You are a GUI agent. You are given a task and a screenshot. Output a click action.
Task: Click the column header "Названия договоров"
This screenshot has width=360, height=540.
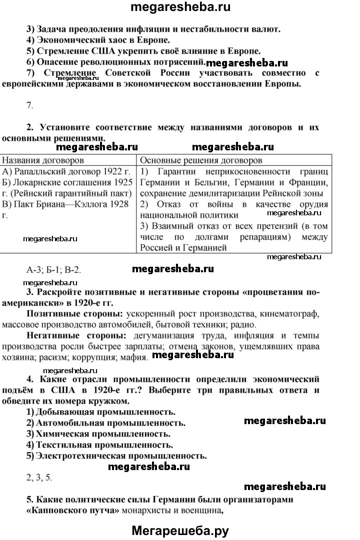(x=43, y=161)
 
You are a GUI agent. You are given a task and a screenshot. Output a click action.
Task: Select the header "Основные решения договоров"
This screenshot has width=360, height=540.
(x=200, y=161)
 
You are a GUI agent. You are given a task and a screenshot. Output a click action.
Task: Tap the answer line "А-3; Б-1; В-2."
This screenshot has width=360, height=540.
(x=53, y=270)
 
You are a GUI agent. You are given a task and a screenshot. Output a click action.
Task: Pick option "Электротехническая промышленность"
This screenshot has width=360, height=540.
(x=120, y=456)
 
